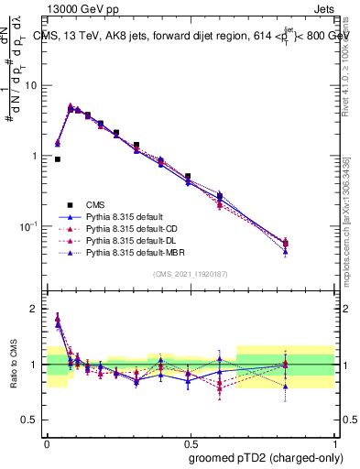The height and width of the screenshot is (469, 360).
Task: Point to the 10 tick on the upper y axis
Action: coord(35,85)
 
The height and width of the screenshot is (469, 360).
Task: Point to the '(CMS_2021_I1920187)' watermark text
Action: coord(191,273)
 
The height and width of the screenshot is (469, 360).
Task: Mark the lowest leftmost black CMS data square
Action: coord(58,159)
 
